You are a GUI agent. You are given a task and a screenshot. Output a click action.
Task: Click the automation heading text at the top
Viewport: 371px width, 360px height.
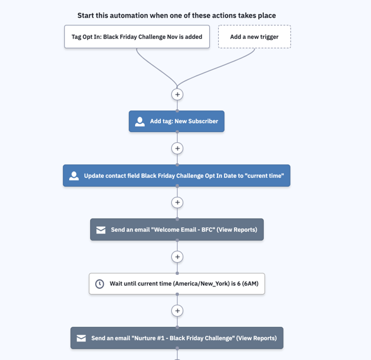(176, 15)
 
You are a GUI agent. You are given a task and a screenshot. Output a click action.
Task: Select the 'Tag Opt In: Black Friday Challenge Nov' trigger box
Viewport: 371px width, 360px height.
(137, 37)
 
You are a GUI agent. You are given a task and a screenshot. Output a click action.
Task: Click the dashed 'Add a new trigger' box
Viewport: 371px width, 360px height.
(254, 37)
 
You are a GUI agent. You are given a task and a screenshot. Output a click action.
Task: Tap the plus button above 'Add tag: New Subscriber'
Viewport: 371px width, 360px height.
(177, 95)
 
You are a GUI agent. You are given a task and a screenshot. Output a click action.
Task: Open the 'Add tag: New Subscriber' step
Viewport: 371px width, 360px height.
(176, 121)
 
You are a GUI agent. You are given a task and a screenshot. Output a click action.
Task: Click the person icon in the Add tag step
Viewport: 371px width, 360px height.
(140, 121)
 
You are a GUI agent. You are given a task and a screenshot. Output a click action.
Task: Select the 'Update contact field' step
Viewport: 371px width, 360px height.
(176, 176)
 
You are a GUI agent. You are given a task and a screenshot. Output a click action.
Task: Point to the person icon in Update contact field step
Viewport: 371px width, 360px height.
(74, 176)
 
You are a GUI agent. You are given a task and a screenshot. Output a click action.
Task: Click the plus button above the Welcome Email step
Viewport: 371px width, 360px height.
(177, 203)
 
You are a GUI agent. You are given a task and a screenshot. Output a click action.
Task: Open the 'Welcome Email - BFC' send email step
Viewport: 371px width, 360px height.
(177, 229)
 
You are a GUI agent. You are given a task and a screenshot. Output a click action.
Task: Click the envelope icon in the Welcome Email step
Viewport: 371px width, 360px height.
(101, 230)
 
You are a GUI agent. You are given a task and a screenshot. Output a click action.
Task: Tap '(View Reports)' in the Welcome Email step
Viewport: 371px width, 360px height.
(237, 230)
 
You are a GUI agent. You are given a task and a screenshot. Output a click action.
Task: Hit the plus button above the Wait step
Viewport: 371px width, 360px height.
(177, 257)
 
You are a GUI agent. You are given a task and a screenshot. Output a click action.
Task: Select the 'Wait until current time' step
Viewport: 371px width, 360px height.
(177, 284)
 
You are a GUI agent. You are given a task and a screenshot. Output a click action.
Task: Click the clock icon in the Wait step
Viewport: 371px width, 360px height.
(100, 284)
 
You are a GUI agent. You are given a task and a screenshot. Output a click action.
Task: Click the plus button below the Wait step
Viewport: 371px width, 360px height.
(177, 310)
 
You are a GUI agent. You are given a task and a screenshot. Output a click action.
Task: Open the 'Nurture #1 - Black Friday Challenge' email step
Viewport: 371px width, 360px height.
(177, 338)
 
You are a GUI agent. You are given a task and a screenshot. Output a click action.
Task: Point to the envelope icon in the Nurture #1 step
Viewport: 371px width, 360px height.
(81, 338)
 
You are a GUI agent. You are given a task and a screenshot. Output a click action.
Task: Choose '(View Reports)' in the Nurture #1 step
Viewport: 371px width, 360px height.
(256, 338)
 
